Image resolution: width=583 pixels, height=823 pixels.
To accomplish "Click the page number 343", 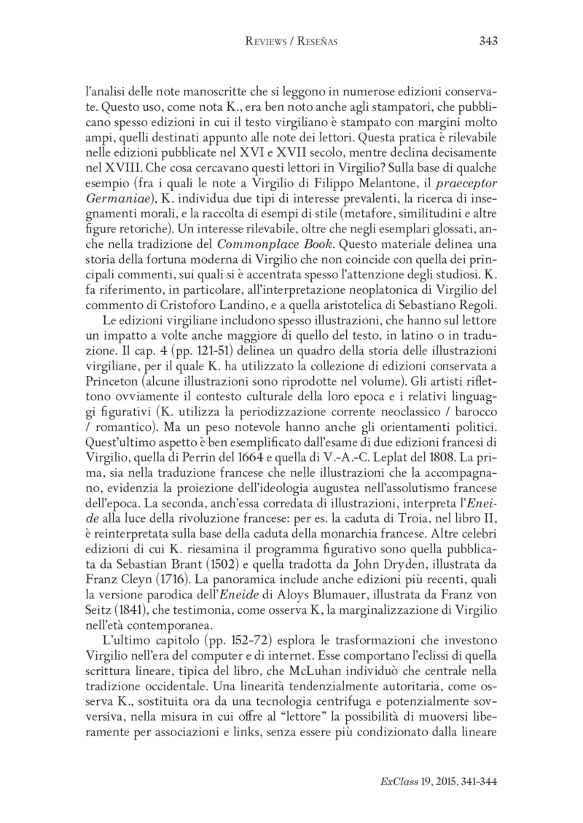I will [x=488, y=42].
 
